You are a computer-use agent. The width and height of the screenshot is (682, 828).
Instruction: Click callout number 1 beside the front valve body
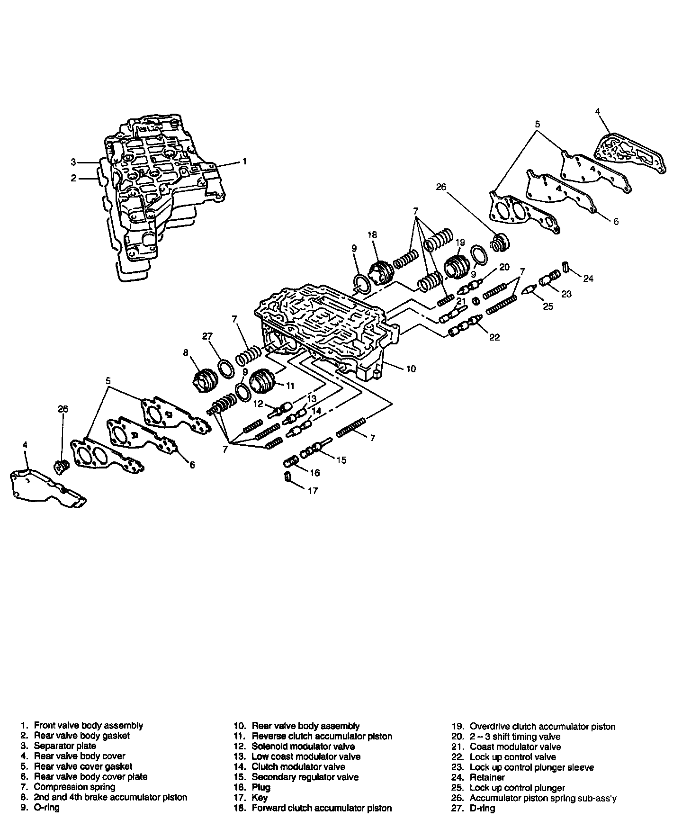[244, 162]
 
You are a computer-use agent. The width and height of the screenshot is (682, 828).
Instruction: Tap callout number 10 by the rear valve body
[411, 368]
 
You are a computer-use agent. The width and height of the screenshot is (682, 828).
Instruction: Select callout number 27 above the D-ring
[207, 337]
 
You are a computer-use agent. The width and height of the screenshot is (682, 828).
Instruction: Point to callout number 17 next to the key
[313, 491]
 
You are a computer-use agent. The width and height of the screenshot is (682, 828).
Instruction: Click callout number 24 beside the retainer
[588, 279]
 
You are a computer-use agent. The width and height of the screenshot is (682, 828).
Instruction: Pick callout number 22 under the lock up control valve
[494, 337]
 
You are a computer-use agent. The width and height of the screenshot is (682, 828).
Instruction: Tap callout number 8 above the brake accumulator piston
[186, 352]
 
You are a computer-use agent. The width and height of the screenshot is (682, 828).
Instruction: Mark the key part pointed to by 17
[287, 477]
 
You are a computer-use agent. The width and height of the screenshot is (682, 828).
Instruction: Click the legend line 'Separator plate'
[65, 746]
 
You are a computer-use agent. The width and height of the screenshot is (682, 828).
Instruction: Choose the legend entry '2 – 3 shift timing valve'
[514, 737]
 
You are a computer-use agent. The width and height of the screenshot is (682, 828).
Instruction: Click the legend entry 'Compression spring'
[74, 787]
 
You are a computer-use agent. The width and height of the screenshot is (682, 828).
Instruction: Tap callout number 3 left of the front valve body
[73, 162]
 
